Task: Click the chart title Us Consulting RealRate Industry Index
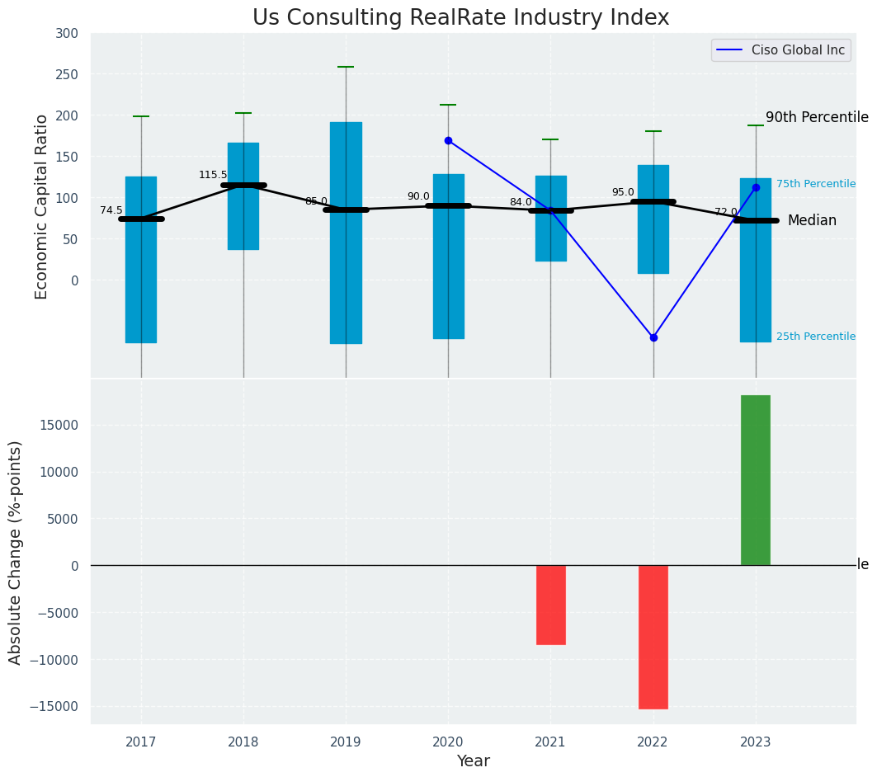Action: [x=460, y=18]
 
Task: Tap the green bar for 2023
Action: [x=755, y=480]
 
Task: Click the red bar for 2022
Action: [x=653, y=637]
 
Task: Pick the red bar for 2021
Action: [x=550, y=605]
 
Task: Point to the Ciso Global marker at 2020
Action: [x=448, y=140]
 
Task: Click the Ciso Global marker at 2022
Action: [x=653, y=337]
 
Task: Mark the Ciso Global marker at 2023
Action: [x=756, y=187]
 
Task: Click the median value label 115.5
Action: [x=213, y=175]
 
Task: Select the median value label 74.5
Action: [x=111, y=210]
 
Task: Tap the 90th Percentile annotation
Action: [x=817, y=118]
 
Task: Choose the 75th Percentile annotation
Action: [x=815, y=184]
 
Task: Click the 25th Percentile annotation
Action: [x=815, y=337]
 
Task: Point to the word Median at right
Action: [x=812, y=221]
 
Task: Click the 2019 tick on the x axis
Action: [x=346, y=742]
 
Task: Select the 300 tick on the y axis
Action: [x=67, y=34]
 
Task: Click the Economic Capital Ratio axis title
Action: [x=42, y=206]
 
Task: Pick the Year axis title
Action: [x=473, y=761]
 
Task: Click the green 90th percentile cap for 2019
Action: [x=346, y=67]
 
